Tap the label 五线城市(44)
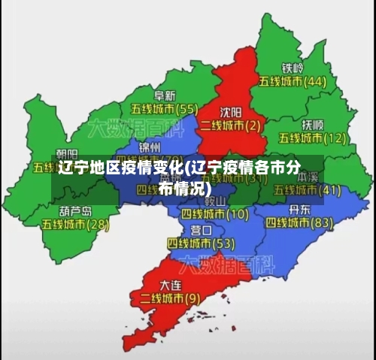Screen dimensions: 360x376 point(293,81)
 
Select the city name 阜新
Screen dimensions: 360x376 point(165,95)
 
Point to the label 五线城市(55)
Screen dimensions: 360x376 point(165,109)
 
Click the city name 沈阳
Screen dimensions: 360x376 point(230,111)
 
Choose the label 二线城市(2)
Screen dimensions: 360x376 point(231,125)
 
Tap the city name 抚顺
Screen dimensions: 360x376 point(312,124)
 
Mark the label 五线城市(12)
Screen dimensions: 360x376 point(313,138)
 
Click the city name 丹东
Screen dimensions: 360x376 point(299,209)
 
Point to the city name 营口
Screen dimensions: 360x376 point(201,229)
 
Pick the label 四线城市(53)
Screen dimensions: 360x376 point(201,243)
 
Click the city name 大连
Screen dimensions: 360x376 point(171,285)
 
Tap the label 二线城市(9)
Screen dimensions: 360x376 point(171,298)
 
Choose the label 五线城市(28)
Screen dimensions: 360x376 point(75,224)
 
